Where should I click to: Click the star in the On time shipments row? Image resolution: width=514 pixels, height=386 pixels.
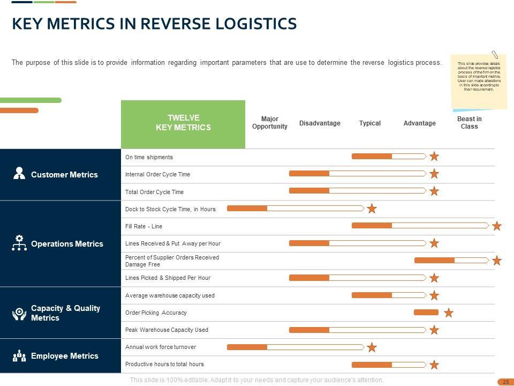[434, 157]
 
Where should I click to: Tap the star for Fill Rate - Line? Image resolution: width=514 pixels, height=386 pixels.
[497, 226]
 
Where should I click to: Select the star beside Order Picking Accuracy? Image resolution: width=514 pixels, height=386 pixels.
[449, 313]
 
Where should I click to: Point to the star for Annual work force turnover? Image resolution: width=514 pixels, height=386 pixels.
[372, 347]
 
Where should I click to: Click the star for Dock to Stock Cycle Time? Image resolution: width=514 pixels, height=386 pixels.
[372, 209]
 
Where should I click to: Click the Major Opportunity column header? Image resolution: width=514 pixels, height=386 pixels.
[270, 123]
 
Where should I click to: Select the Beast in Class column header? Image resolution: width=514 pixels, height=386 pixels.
[469, 123]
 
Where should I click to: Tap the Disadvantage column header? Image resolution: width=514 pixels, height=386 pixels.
[320, 123]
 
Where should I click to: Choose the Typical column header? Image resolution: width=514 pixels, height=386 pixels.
[370, 123]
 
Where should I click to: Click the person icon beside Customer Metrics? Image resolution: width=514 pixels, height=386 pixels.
[19, 173]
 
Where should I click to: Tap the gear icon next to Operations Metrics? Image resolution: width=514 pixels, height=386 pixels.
[19, 243]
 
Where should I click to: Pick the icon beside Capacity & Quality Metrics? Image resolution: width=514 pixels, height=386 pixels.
[19, 314]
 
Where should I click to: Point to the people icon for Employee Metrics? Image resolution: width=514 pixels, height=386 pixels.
[19, 356]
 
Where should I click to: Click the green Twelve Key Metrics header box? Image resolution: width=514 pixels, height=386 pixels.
[183, 123]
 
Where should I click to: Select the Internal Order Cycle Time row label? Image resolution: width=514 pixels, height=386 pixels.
[157, 174]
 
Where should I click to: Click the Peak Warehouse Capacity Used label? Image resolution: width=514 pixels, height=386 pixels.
[167, 330]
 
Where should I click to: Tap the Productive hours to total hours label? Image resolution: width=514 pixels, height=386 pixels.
[164, 364]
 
